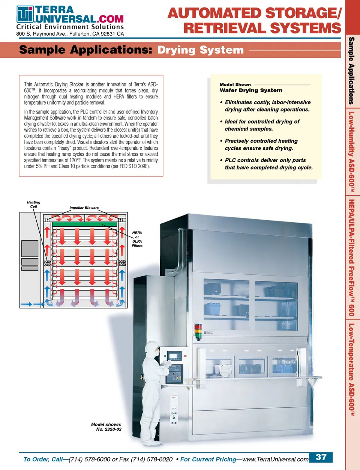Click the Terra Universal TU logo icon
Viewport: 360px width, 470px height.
tap(25, 14)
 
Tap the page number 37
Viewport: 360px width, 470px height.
tap(321, 457)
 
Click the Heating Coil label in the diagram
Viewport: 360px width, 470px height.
tap(33, 204)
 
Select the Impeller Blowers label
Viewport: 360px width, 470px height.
tap(84, 208)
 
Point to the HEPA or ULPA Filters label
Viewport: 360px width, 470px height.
tap(137, 239)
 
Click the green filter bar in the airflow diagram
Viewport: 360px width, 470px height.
tap(85, 224)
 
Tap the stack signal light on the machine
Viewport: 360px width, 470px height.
tap(198, 331)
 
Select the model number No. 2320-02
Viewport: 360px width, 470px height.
tap(109, 429)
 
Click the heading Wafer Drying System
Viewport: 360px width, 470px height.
tap(251, 90)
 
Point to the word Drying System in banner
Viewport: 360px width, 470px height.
tap(201, 50)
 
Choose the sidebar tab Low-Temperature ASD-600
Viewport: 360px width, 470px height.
tap(351, 369)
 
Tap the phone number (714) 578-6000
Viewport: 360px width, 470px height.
tap(90, 459)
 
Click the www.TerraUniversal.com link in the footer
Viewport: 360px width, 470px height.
tap(276, 459)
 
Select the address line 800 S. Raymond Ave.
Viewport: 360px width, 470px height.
tap(70, 34)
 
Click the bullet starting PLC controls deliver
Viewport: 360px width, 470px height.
tap(268, 164)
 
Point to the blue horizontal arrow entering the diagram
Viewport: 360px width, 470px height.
tap(27, 304)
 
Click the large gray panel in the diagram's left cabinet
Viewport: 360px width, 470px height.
tap(30, 248)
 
